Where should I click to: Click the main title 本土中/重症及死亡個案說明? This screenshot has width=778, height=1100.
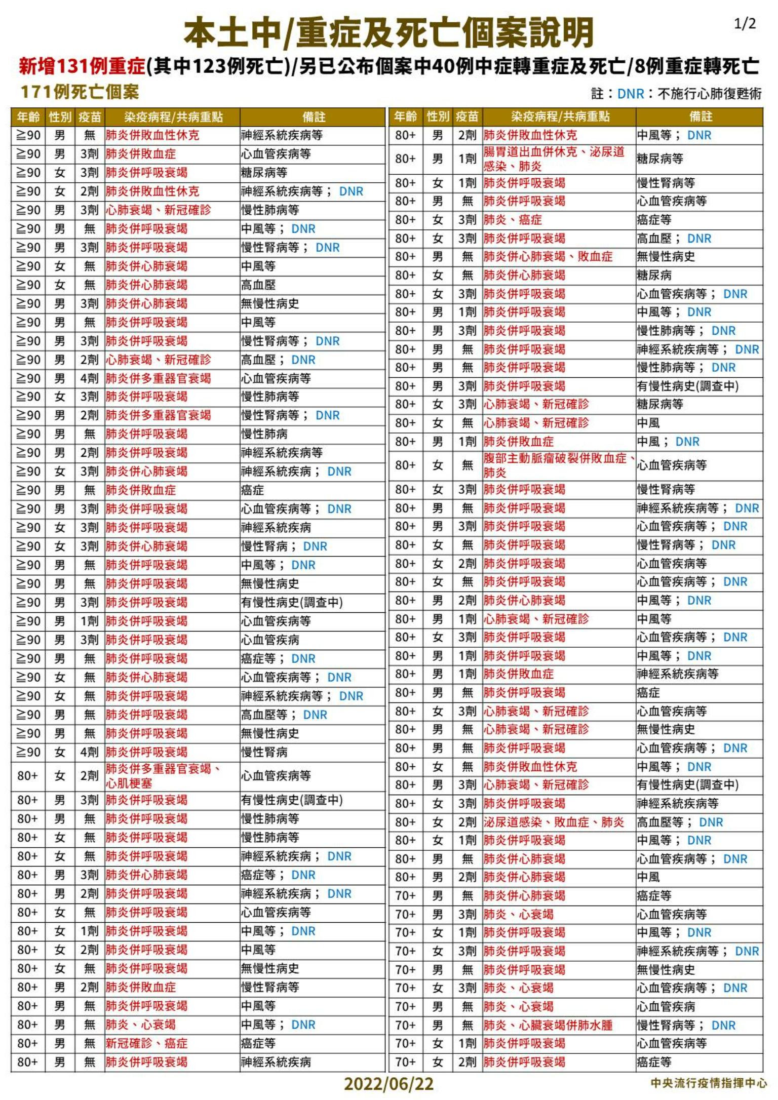tap(388, 33)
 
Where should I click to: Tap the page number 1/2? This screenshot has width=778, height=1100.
tap(745, 24)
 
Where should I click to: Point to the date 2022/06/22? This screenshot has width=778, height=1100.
tap(388, 1083)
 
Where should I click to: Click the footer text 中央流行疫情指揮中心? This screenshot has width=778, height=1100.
tap(709, 1083)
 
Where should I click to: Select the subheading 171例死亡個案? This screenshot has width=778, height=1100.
tap(80, 92)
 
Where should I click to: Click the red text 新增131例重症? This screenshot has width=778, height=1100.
tap(82, 66)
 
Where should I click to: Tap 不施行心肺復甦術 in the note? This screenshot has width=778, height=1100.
tap(709, 94)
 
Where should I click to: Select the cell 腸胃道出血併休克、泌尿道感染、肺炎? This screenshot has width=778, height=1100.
tap(554, 159)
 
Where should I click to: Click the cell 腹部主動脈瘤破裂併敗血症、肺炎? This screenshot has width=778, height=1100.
tap(559, 465)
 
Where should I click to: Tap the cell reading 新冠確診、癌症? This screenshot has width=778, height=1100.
tap(146, 1043)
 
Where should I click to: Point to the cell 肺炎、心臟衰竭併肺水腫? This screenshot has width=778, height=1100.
tap(548, 1026)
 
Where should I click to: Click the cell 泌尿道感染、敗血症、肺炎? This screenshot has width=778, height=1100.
tap(554, 822)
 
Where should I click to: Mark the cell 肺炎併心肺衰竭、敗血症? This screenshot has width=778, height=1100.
tap(548, 257)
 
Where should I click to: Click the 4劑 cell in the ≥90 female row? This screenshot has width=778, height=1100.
tap(89, 752)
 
